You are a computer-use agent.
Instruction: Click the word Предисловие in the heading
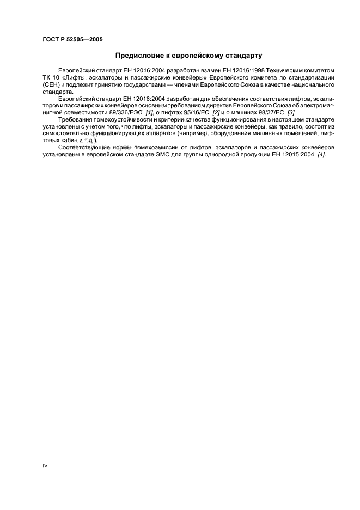click(x=140, y=56)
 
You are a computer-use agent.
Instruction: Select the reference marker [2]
click(x=216, y=112)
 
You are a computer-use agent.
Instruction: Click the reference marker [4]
click(x=321, y=155)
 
